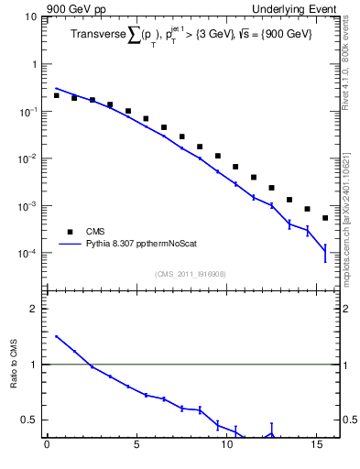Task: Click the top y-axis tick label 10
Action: pyautogui.click(x=28, y=17)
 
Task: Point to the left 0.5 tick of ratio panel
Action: pyautogui.click(x=27, y=420)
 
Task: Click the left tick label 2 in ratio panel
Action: pyautogui.click(x=32, y=309)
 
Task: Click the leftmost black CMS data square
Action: pyautogui.click(x=56, y=95)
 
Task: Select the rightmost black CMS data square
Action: pyautogui.click(x=325, y=218)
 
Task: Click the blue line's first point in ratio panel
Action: pyautogui.click(x=56, y=336)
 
